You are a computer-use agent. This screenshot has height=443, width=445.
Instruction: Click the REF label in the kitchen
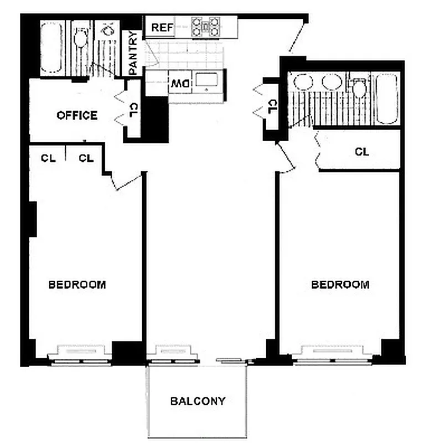[x=163, y=27]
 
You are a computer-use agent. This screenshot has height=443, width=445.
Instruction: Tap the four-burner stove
[x=206, y=27]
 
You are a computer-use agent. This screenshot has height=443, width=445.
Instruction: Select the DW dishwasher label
[x=179, y=84]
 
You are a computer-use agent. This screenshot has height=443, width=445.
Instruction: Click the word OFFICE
[x=77, y=115]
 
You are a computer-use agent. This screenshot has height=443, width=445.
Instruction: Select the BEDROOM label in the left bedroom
[x=77, y=285]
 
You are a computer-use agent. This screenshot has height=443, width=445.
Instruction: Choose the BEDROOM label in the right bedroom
[x=340, y=285]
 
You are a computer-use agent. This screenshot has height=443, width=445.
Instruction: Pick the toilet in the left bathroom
[x=81, y=39]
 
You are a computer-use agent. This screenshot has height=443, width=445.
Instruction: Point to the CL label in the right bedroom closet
[x=361, y=151]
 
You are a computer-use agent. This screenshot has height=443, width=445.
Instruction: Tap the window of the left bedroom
[x=83, y=354]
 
